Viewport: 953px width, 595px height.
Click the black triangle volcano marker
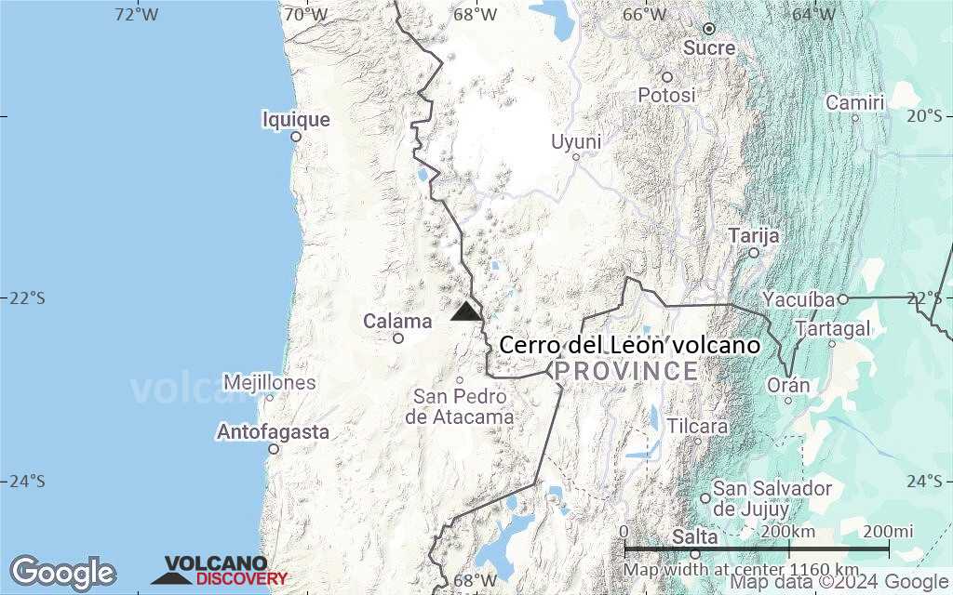click(466, 311)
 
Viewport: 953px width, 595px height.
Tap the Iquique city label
click(296, 120)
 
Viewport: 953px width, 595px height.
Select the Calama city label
click(397, 322)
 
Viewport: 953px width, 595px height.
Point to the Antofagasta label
click(273, 432)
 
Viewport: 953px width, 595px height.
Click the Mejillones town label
click(270, 382)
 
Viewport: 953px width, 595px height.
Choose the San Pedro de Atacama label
click(460, 407)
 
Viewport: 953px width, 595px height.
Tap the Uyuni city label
click(576, 141)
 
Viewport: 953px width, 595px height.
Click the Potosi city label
click(667, 95)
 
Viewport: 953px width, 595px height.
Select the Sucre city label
click(709, 47)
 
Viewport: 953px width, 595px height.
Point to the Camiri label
click(854, 102)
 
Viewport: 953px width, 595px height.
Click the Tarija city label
click(754, 235)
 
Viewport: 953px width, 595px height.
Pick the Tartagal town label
click(833, 328)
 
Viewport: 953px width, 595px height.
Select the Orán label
click(788, 385)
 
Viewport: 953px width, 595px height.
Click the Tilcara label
click(696, 426)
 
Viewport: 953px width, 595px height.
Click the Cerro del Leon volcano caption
click(629, 346)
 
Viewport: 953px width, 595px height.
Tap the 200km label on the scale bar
click(788, 531)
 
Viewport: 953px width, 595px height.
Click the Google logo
click(62, 572)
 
